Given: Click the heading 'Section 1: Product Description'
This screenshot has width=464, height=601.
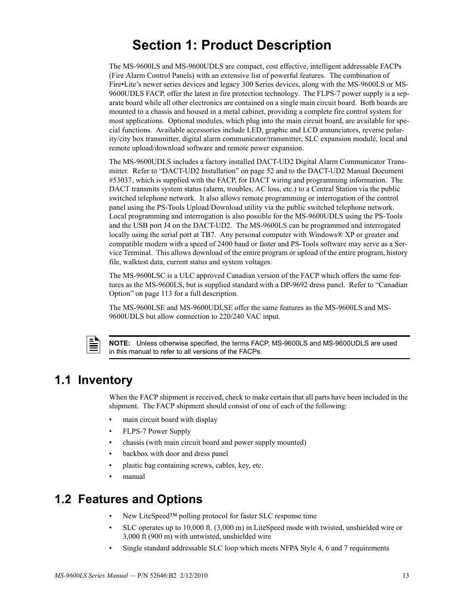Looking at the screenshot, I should [x=232, y=45].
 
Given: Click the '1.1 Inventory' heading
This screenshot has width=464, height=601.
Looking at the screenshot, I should [x=94, y=380].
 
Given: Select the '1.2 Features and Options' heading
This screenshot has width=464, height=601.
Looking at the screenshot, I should [x=128, y=499].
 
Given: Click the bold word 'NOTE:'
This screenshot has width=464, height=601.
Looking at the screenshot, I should [x=119, y=343].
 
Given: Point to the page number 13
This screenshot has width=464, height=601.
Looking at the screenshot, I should [x=406, y=576].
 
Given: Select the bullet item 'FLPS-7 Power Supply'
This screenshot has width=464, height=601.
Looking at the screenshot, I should [x=157, y=431].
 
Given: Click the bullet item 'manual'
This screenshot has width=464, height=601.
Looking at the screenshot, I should [x=134, y=476].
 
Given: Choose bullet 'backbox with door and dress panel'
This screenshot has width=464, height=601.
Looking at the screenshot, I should [x=175, y=454].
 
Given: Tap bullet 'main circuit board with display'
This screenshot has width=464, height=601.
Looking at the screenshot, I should [x=170, y=419].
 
